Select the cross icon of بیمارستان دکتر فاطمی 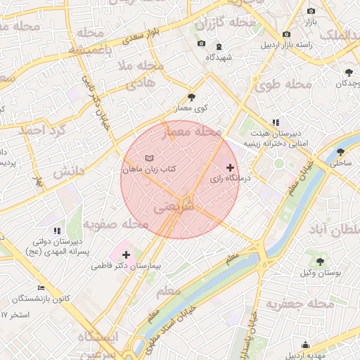click(x=126, y=254)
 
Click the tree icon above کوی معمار click(x=192, y=97)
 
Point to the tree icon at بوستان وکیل click(x=321, y=261)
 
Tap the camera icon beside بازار click(x=311, y=11)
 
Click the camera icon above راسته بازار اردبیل click(x=285, y=34)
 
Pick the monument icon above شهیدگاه click(x=219, y=46)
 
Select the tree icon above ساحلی click(x=340, y=151)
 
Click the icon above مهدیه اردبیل click(x=305, y=345)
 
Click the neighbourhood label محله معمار click(x=192, y=131)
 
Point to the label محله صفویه click(x=116, y=224)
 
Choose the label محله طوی click(x=283, y=85)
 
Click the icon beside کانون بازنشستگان click(x=41, y=288)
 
